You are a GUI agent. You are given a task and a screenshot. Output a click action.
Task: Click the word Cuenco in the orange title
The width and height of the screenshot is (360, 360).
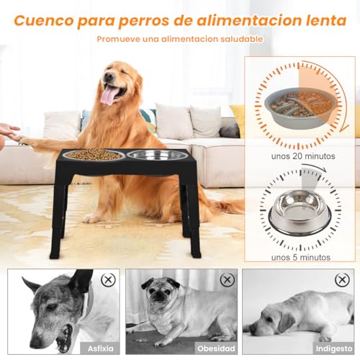click(x=44, y=21)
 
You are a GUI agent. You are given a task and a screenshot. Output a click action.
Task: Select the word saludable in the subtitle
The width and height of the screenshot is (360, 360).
click(x=242, y=39)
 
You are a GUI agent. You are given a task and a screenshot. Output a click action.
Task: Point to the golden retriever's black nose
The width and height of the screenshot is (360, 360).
click(x=109, y=76)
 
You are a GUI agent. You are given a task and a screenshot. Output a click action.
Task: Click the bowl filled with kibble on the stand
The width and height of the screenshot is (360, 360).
click(x=94, y=154)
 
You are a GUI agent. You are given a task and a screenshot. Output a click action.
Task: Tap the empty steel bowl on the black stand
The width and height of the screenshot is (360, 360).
click(x=157, y=155)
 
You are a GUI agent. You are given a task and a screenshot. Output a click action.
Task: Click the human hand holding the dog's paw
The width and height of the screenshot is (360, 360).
click(x=9, y=133)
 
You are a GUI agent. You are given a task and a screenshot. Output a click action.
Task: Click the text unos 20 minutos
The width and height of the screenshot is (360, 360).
click(x=303, y=156)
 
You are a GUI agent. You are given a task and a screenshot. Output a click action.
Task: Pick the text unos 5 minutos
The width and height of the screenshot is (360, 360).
click(x=301, y=258)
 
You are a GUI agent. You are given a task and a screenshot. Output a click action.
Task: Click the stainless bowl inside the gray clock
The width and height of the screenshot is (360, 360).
click(x=300, y=211)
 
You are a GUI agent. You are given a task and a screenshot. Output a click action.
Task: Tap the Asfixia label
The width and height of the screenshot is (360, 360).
click(x=101, y=348)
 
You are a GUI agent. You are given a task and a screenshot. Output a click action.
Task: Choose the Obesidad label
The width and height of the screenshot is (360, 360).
click(x=216, y=348)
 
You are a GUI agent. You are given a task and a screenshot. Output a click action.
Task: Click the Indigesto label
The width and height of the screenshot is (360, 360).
click(x=334, y=348)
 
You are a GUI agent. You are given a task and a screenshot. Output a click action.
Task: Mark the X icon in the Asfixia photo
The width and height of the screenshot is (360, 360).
click(x=108, y=280)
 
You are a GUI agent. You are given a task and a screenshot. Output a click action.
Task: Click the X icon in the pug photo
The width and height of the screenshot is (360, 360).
click(x=227, y=279)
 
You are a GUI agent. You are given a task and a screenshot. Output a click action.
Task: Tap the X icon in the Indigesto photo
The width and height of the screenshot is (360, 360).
click(x=342, y=279)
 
